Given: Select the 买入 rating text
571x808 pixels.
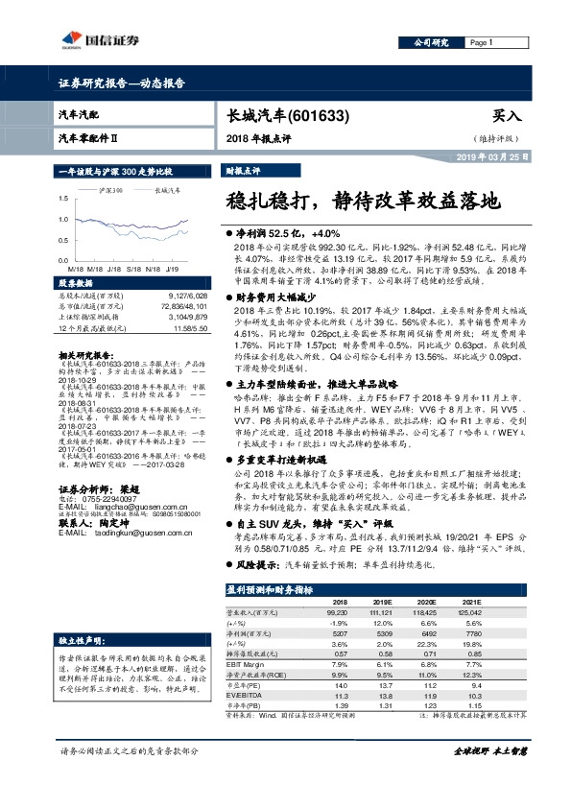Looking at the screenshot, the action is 506,116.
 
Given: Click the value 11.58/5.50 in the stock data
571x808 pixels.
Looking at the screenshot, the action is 183,328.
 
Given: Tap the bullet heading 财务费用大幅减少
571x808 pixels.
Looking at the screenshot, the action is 278,299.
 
